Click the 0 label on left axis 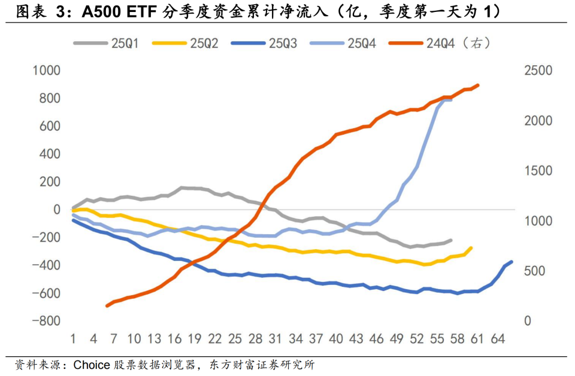[57, 210]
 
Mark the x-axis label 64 [497, 339]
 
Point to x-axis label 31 [274, 339]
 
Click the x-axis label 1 [72, 339]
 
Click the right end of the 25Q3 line [512, 262]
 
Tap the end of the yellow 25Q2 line [471, 247]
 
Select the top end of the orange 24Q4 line [478, 85]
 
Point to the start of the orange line [107, 306]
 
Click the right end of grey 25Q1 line [451, 240]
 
